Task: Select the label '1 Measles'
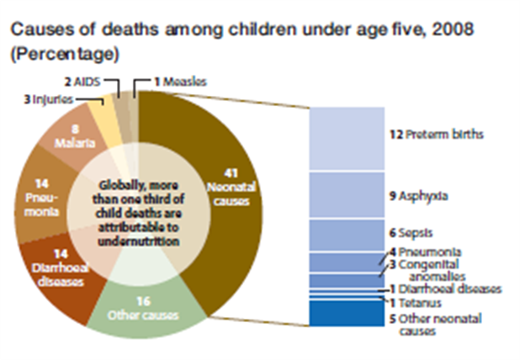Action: click(x=178, y=82)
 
